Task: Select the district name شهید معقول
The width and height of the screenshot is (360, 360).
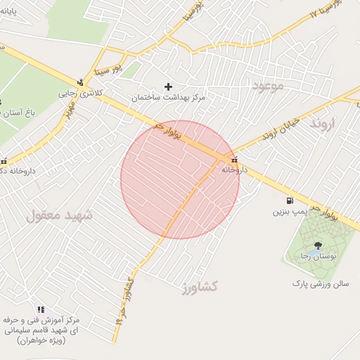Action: (59, 214)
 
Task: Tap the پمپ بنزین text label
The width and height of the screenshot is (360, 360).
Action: (291, 211)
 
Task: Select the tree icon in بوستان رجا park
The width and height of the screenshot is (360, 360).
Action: (318, 245)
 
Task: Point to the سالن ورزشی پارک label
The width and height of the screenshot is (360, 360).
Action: (321, 283)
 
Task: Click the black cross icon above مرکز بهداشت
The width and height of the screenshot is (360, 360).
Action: (168, 86)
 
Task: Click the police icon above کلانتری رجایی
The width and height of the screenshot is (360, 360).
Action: (81, 82)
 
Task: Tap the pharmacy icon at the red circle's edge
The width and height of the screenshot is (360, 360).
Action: (234, 159)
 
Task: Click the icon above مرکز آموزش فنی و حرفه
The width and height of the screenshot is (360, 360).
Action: (41, 309)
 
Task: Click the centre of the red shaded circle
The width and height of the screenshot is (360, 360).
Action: (180, 179)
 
